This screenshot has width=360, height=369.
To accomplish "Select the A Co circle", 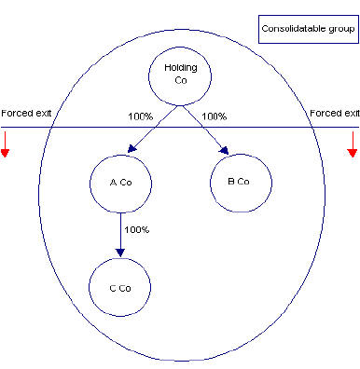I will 119,181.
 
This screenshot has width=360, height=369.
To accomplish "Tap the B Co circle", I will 242,181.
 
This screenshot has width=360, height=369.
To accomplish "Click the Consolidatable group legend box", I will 307,28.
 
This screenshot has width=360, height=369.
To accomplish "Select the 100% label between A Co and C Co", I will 137,229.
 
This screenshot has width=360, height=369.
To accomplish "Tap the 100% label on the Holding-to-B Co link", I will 215,117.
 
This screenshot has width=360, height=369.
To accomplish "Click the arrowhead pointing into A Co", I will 132,147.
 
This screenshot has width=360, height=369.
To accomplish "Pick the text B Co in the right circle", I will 242,181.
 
